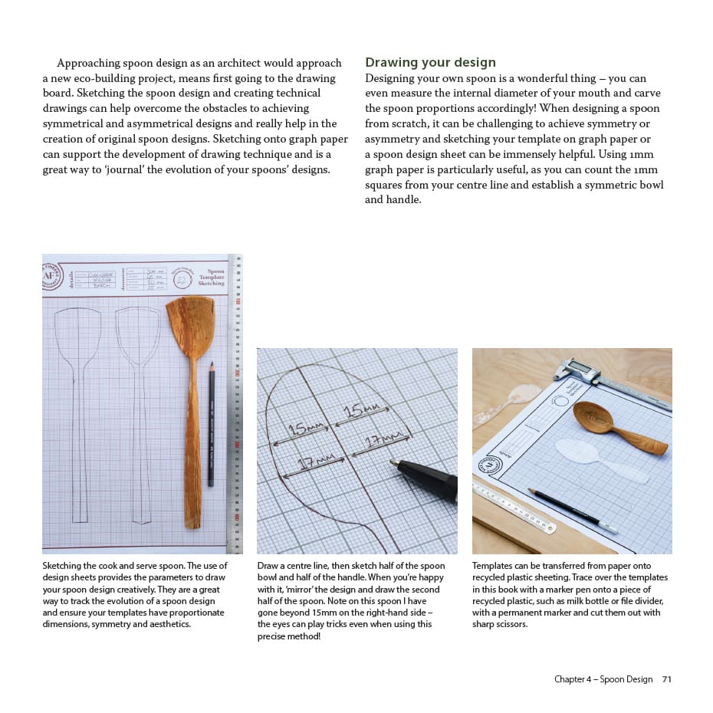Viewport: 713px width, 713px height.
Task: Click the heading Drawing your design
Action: pyautogui.click(x=430, y=62)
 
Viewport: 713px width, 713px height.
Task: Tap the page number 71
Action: pyautogui.click(x=667, y=679)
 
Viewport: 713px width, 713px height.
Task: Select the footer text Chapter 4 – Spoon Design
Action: pyautogui.click(x=603, y=679)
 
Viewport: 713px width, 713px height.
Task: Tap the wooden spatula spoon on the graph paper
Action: pyautogui.click(x=189, y=383)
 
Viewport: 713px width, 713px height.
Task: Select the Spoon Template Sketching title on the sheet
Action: pyautogui.click(x=212, y=277)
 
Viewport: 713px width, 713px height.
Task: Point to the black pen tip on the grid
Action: pyautogui.click(x=397, y=463)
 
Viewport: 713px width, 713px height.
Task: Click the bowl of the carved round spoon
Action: pyautogui.click(x=595, y=419)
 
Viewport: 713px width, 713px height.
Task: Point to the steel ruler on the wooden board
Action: pyautogui.click(x=514, y=507)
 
